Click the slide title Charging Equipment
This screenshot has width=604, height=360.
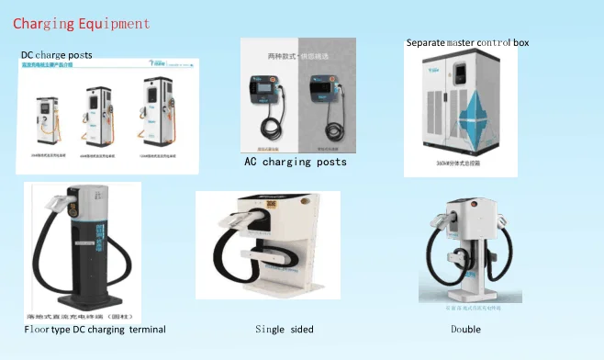[82, 22]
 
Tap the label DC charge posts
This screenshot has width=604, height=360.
[56, 56]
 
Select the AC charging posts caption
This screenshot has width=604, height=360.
[295, 162]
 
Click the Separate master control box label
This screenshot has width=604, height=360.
[467, 42]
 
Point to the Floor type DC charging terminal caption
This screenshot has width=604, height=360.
[95, 329]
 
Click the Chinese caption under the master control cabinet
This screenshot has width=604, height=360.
[459, 166]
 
